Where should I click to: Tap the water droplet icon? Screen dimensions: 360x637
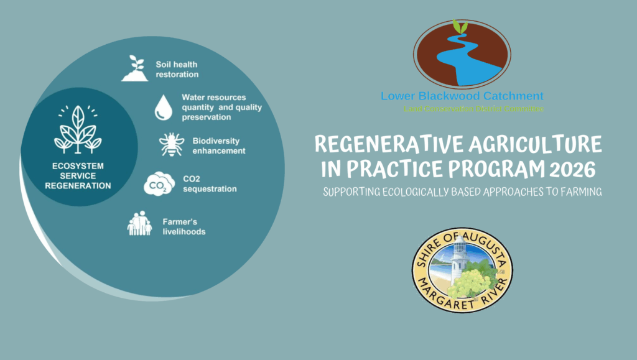[163, 107]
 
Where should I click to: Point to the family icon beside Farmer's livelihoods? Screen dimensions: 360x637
[139, 224]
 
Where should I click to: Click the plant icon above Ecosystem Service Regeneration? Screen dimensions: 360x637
[78, 129]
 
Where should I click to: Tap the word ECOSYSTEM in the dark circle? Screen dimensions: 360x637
[78, 166]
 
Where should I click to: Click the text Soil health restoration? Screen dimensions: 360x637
[177, 69]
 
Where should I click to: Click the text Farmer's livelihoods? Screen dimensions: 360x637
[185, 227]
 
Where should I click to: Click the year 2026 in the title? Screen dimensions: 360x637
[571, 168]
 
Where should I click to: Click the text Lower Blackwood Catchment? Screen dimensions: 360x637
[462, 96]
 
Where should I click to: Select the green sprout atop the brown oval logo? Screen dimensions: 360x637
[460, 27]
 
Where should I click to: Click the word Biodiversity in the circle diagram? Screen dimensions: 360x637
[216, 141]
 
